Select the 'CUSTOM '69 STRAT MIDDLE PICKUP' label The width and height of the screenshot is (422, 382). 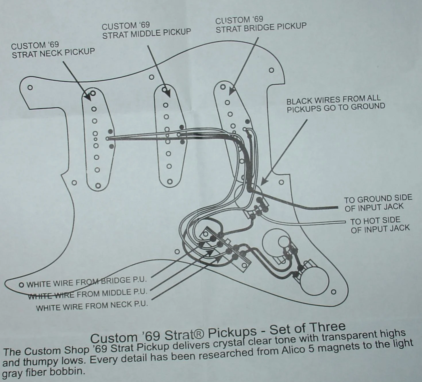pyautogui.click(x=146, y=30)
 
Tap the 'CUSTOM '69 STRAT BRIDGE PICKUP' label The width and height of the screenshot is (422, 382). pyautogui.click(x=261, y=24)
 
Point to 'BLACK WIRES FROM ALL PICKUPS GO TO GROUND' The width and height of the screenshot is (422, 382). pyautogui.click(x=336, y=104)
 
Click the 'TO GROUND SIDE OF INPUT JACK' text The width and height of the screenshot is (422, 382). pyautogui.click(x=378, y=203)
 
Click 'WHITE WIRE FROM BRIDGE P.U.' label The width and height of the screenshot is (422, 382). pyautogui.click(x=86, y=282)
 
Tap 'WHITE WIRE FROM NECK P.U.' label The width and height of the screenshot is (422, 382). pyautogui.click(x=92, y=306)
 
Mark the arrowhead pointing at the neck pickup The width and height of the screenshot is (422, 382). pyautogui.click(x=88, y=98)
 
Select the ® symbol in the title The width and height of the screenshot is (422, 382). pyautogui.click(x=200, y=333)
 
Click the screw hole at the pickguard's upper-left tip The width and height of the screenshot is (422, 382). pyautogui.click(x=30, y=87)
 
